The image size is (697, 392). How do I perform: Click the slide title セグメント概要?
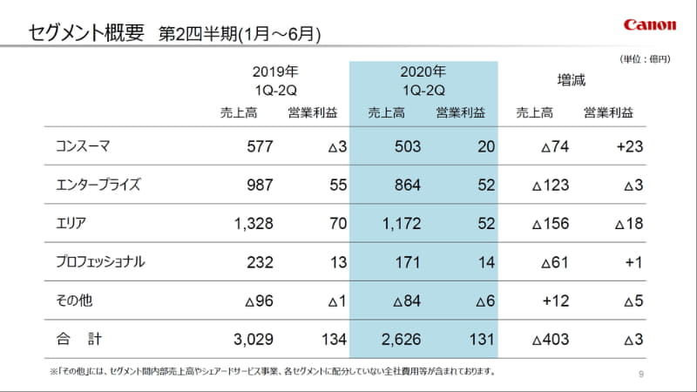(86, 33)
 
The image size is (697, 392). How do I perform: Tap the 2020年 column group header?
(423, 80)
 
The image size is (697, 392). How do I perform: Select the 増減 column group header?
(572, 80)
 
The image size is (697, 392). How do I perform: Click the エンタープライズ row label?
(97, 185)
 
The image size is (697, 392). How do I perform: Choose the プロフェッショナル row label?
(103, 261)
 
